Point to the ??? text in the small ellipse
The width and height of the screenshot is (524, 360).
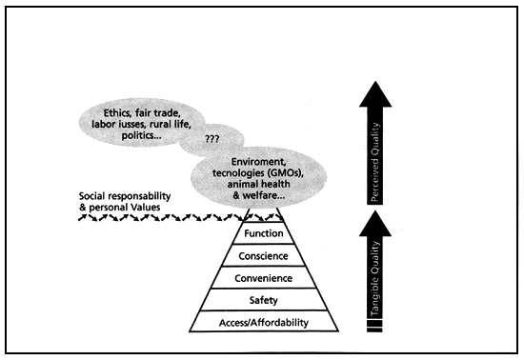tap(212, 139)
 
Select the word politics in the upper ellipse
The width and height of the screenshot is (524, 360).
tap(124, 135)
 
